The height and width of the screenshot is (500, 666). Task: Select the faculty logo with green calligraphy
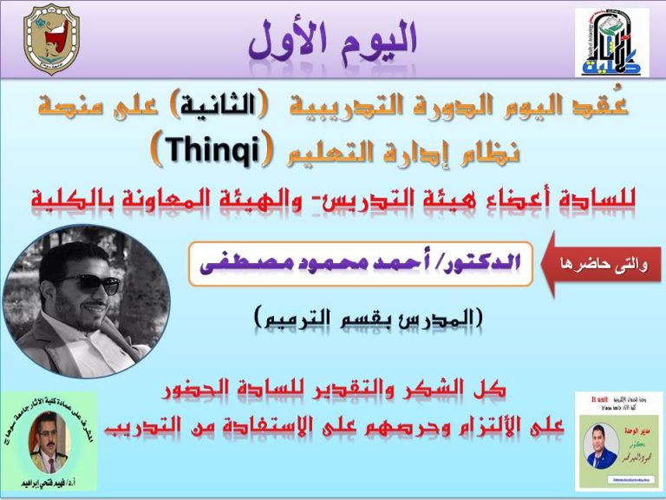pyautogui.click(x=610, y=43)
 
